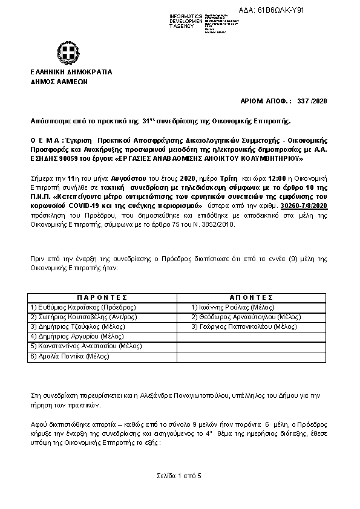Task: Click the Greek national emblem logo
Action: click(65, 52)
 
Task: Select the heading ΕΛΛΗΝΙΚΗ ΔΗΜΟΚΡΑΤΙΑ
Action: click(71, 72)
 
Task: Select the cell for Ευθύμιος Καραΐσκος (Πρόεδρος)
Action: click(83, 307)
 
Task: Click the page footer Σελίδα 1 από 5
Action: click(180, 476)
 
